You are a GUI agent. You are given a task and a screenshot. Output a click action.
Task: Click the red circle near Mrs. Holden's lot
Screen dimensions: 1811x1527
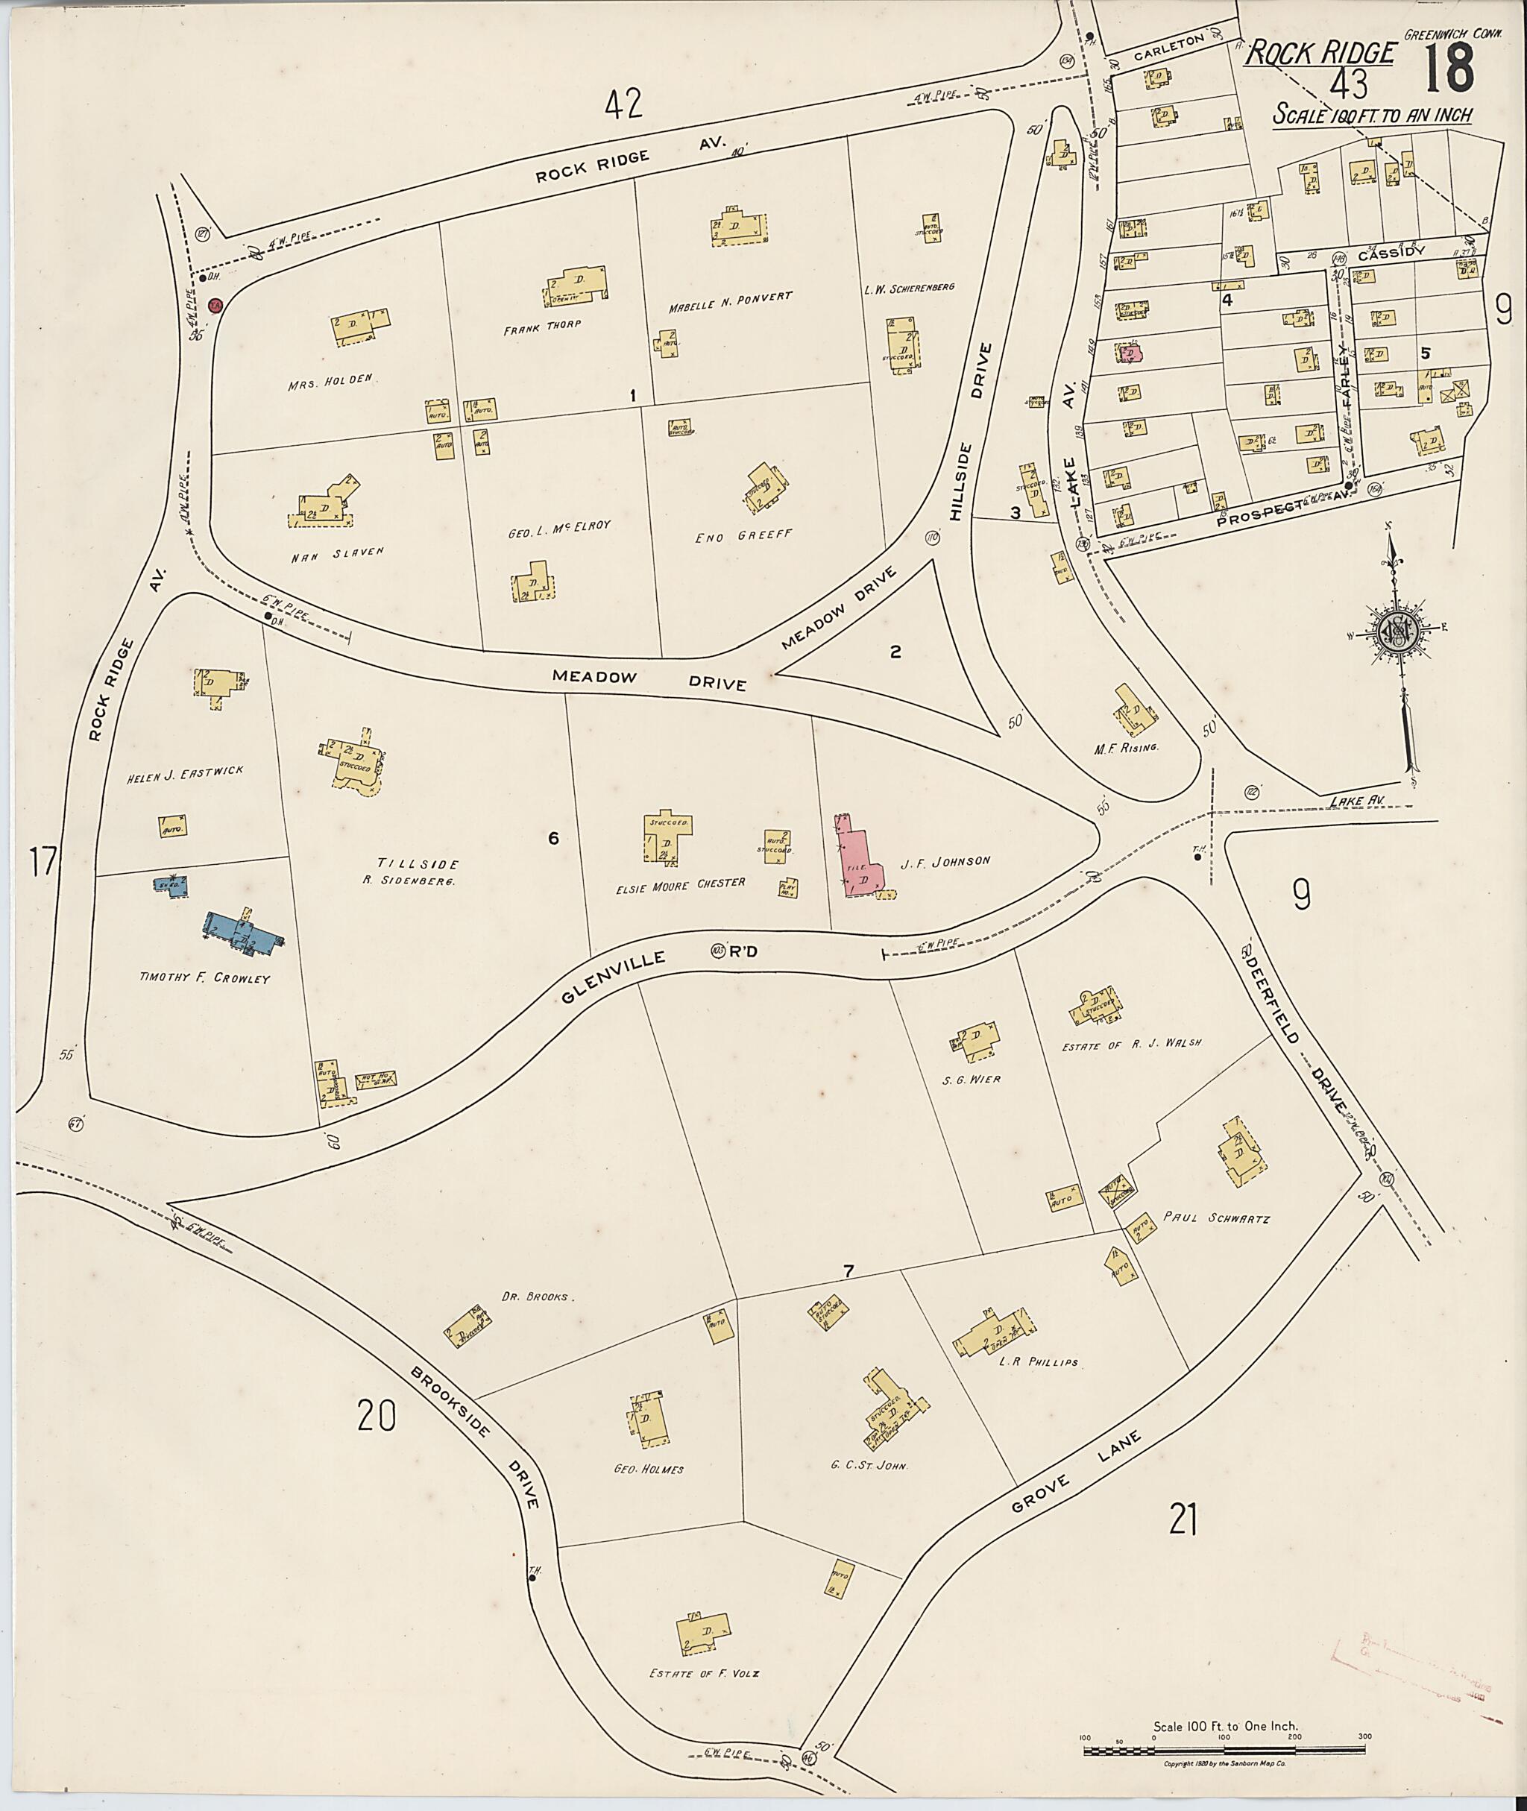coord(215,306)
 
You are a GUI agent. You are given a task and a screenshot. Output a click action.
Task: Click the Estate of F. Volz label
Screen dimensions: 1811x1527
coord(704,1673)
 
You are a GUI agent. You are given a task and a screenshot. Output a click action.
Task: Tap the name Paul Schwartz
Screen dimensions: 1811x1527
coord(1216,1218)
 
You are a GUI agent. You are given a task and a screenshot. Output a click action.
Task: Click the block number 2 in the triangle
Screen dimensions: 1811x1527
coord(895,650)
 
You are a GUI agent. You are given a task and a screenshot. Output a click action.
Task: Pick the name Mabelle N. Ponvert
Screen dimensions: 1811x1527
coord(730,297)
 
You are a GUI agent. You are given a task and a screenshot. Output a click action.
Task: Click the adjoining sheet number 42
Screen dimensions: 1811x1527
coord(624,104)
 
